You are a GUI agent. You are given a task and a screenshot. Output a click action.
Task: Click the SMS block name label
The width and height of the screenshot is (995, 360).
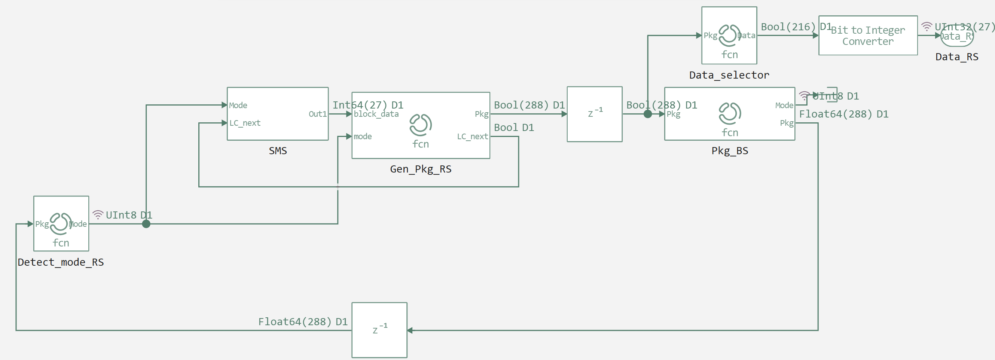[278, 151]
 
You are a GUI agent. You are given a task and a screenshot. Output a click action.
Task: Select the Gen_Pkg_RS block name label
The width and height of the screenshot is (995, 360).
[421, 169]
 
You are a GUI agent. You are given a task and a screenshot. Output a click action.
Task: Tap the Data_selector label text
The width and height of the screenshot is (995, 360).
[729, 75]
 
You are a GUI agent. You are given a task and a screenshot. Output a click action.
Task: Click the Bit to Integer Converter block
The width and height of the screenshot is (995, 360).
[867, 36]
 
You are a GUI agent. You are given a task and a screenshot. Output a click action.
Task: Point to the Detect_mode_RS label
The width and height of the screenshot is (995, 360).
[61, 262]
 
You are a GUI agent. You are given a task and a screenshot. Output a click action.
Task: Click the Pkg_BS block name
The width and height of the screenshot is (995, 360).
[730, 151]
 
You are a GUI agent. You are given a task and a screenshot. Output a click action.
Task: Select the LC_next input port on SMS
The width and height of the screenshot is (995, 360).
[244, 123]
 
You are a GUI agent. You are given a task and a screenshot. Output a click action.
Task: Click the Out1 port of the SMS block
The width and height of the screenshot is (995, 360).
[317, 114]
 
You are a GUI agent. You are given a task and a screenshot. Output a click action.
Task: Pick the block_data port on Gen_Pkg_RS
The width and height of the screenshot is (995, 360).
[376, 114]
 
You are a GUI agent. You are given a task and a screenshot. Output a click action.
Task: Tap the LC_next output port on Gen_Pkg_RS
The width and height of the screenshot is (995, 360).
[472, 136]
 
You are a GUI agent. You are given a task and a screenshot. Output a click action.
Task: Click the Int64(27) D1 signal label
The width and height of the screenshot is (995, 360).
[368, 105]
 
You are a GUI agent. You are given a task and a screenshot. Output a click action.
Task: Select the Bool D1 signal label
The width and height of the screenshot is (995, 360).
[514, 128]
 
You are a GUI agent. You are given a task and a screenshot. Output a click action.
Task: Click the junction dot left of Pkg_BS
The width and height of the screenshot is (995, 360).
[648, 114]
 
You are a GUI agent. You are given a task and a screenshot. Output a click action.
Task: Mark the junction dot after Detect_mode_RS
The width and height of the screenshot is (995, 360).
[146, 224]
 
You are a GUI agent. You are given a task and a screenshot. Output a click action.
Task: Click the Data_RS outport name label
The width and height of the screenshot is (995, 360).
[956, 57]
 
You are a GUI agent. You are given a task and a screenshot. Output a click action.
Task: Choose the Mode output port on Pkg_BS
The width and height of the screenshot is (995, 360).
[784, 105]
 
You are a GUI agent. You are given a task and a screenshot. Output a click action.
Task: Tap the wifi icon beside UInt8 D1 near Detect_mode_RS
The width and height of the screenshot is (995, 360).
[98, 215]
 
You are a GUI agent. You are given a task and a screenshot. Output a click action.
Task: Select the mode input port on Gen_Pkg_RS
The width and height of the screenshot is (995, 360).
[362, 136]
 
